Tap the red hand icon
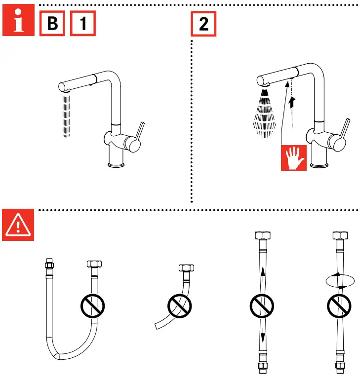pyautogui.click(x=294, y=158)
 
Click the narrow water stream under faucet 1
pyautogui.click(x=65, y=116)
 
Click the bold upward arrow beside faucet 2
pyautogui.click(x=293, y=102)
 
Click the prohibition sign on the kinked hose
pyautogui.click(x=179, y=306)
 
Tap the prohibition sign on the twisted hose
pyautogui.click(x=340, y=306)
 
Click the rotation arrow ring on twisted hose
pyautogui.click(x=340, y=280)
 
